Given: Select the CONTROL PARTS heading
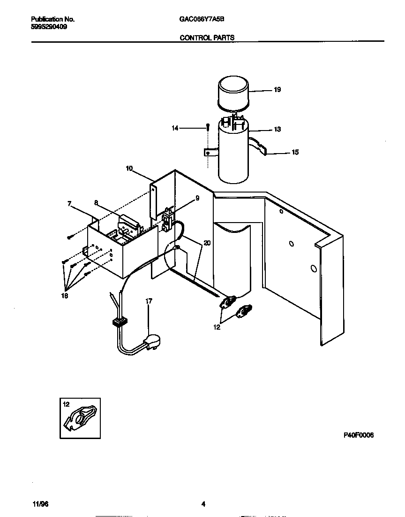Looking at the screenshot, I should (x=207, y=37).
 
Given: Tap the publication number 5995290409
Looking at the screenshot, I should (x=49, y=27).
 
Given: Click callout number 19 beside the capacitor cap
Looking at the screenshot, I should (x=277, y=90).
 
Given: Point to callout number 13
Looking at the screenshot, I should (x=277, y=129).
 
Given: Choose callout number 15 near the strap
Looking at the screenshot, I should (x=295, y=153).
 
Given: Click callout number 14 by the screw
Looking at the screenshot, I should (x=175, y=128).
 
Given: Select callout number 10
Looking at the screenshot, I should (x=130, y=168).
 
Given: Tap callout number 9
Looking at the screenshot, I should (x=197, y=198).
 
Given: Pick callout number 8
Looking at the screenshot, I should (x=96, y=203).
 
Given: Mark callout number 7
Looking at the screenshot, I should (x=69, y=203).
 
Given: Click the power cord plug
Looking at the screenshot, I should (x=152, y=342).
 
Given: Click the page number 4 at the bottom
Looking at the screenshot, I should (x=203, y=504).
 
